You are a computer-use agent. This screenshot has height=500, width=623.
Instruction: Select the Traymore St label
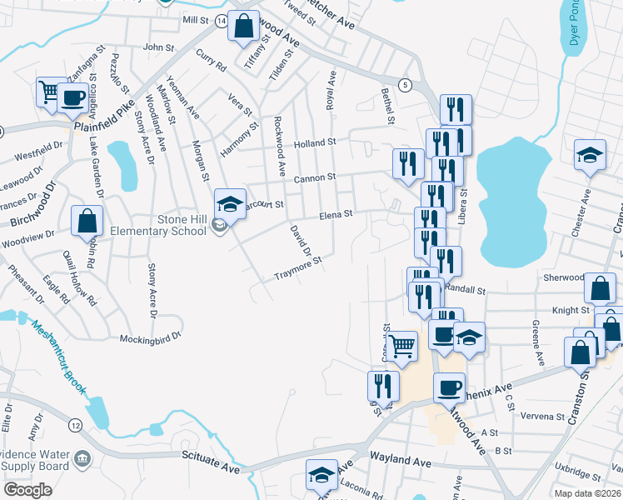298,267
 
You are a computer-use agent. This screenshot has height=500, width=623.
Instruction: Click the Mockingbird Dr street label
149,338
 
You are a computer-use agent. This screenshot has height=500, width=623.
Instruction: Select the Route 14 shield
222,20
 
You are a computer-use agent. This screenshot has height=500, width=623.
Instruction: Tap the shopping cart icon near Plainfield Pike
47,90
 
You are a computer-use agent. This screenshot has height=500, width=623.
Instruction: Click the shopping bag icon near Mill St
244,26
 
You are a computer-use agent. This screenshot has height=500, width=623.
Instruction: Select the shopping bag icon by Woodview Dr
87,222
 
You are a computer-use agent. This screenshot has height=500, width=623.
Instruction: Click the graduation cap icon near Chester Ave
590,155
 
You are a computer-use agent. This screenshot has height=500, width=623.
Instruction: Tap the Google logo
27,490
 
